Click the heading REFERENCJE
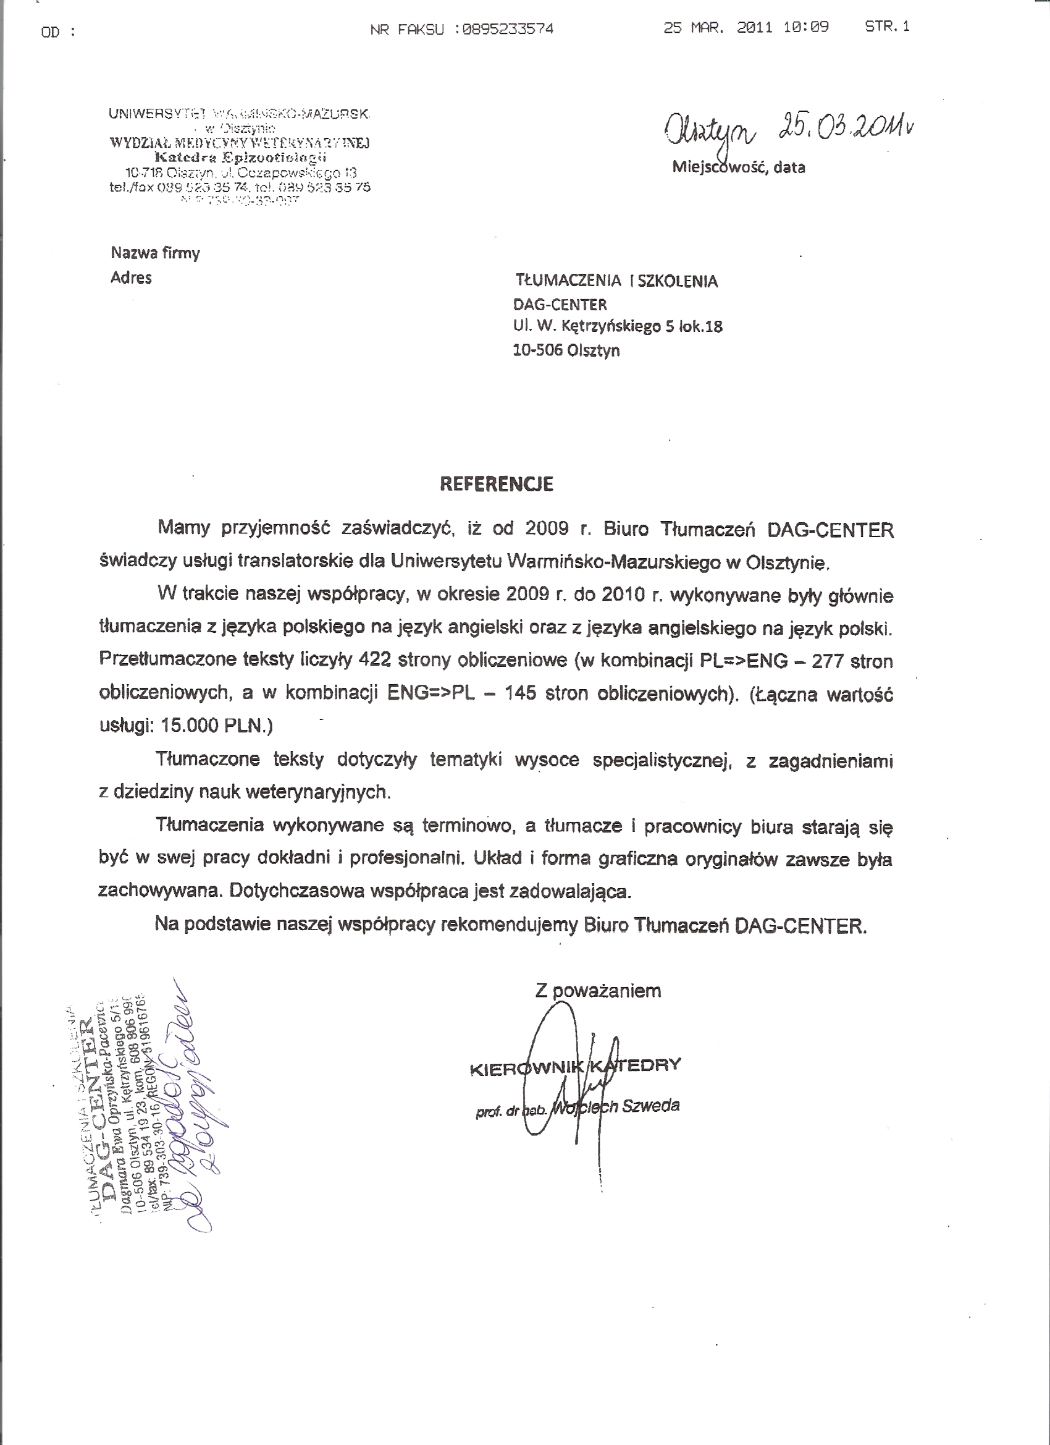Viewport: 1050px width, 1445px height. [497, 484]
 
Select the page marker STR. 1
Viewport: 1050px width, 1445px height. [887, 26]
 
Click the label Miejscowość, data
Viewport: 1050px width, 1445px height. [739, 167]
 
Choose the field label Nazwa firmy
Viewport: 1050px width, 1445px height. [156, 253]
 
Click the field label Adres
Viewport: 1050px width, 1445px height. [131, 277]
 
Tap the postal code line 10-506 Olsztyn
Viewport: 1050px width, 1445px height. [566, 350]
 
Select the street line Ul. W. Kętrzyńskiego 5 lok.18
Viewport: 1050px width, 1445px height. [618, 326]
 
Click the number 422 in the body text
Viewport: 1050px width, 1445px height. [374, 660]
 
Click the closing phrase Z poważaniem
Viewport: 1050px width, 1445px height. [598, 991]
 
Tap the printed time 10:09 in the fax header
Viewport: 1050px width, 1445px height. [806, 27]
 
